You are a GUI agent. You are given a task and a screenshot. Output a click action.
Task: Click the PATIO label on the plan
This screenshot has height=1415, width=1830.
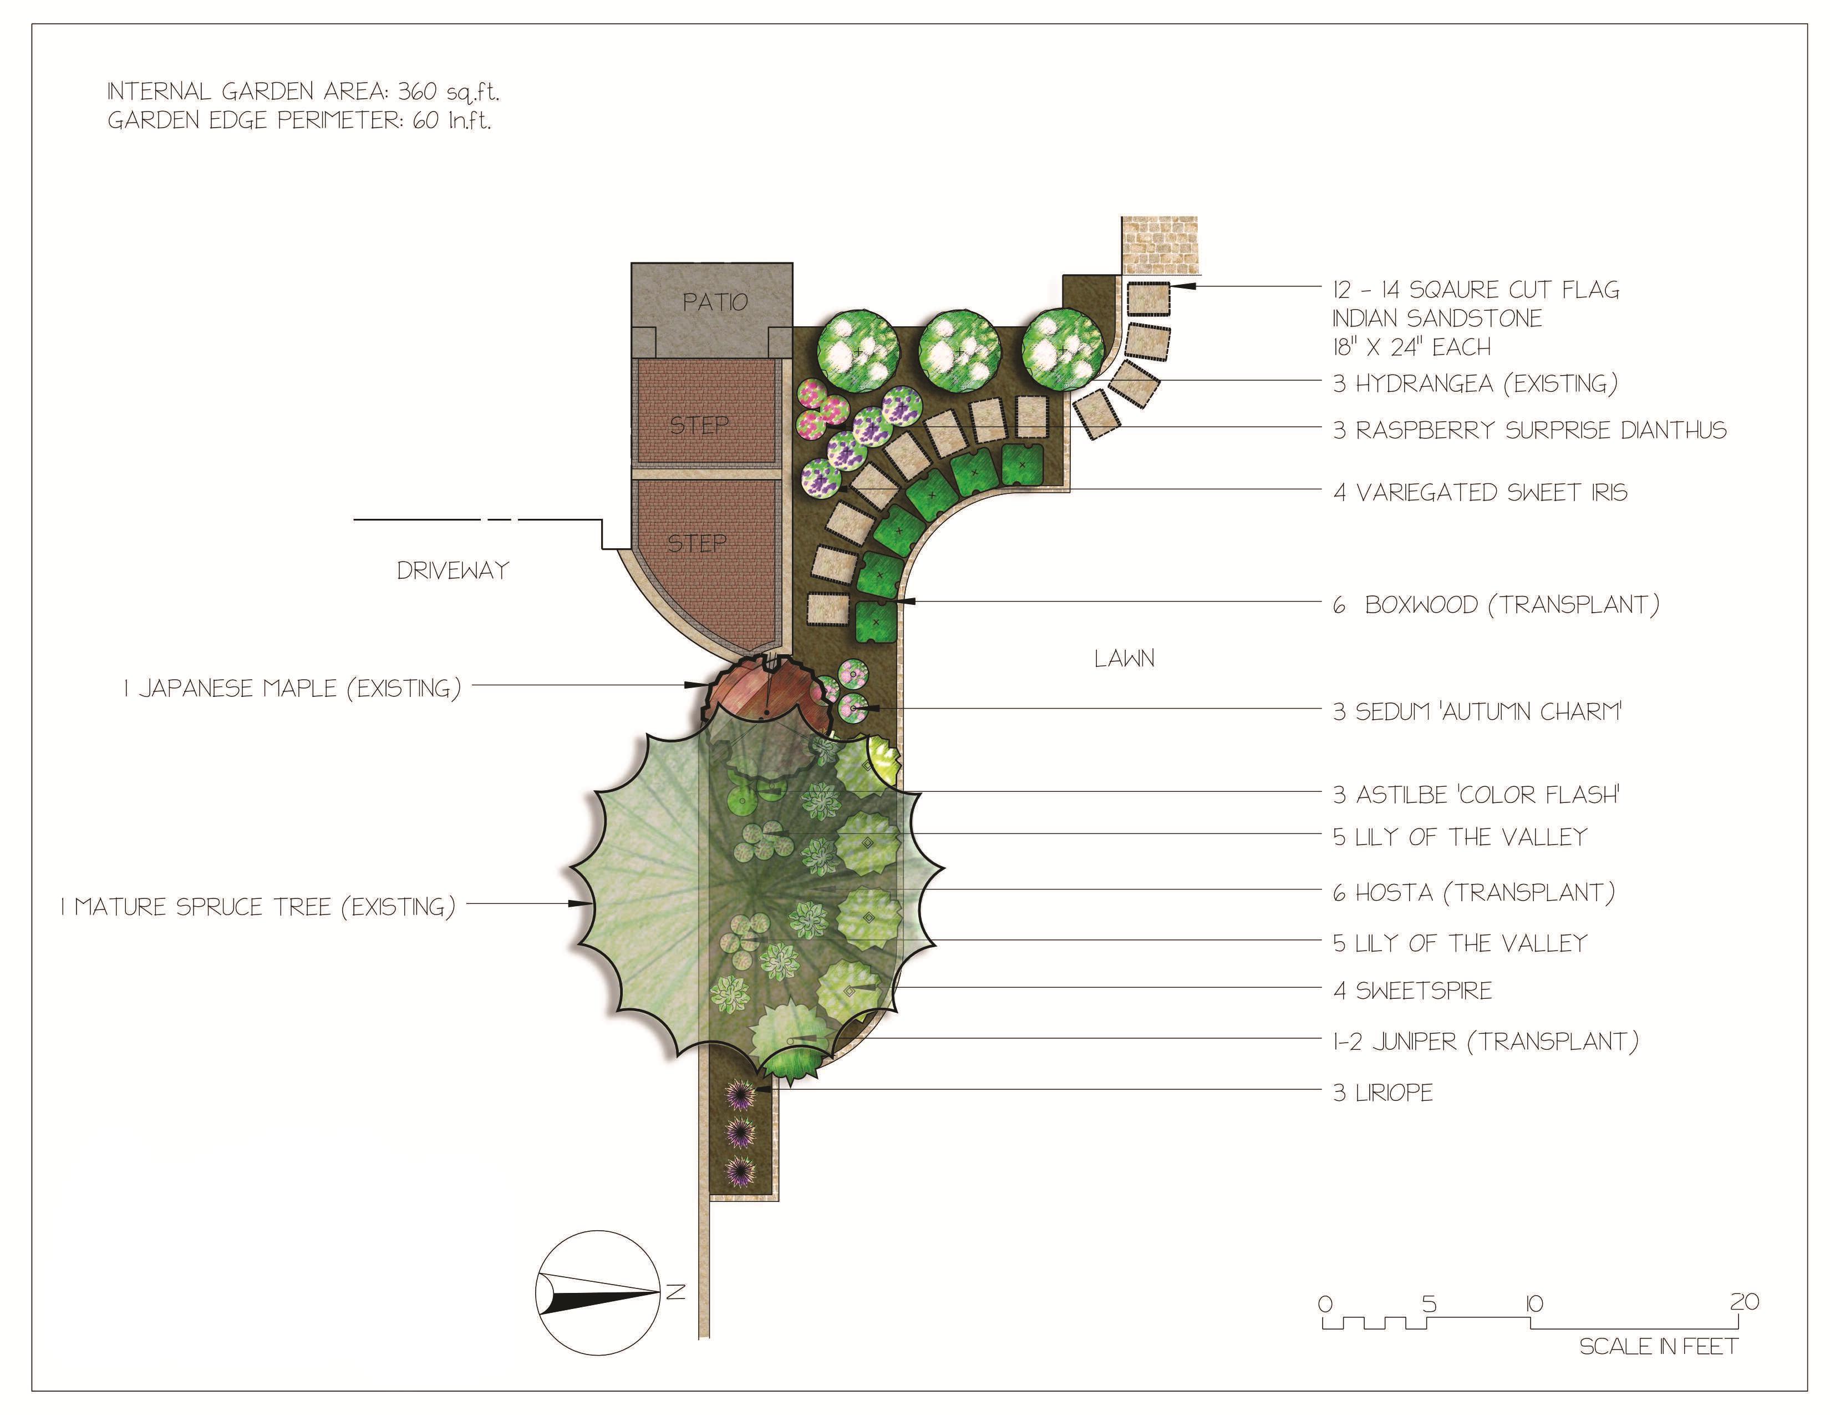pos(715,302)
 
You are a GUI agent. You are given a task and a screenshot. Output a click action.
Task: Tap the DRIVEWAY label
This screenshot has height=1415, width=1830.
pos(453,571)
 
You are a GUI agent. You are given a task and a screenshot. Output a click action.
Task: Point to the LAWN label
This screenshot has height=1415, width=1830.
pos(1124,659)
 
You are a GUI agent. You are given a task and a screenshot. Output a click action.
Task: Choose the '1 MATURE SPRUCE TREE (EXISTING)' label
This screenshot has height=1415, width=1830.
pos(258,907)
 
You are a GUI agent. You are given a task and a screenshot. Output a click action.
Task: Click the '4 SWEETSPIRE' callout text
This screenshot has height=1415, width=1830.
pos(1413,991)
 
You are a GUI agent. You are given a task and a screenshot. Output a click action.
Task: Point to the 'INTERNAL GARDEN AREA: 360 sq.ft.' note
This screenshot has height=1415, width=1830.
pos(303,92)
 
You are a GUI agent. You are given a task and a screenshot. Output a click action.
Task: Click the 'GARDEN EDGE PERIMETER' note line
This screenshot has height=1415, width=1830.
pos(299,121)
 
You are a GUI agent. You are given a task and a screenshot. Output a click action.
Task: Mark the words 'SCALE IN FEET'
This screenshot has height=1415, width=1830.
pos(1658,1347)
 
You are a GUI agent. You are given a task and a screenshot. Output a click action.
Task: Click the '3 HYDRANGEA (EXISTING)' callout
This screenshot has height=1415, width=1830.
pos(1475,384)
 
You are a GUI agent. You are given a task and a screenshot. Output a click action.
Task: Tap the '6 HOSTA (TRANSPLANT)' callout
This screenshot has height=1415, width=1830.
pos(1473,893)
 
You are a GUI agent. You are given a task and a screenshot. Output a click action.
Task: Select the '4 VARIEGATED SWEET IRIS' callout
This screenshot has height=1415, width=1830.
pos(1480,492)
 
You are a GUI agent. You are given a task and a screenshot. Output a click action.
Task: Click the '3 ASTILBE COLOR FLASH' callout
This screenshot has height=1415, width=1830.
pos(1476,795)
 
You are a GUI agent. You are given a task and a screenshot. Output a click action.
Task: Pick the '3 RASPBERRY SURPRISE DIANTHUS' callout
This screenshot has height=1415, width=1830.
pos(1529,431)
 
